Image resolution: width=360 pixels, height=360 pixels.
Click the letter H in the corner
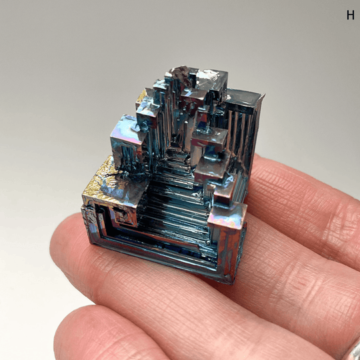(x=350, y=15)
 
